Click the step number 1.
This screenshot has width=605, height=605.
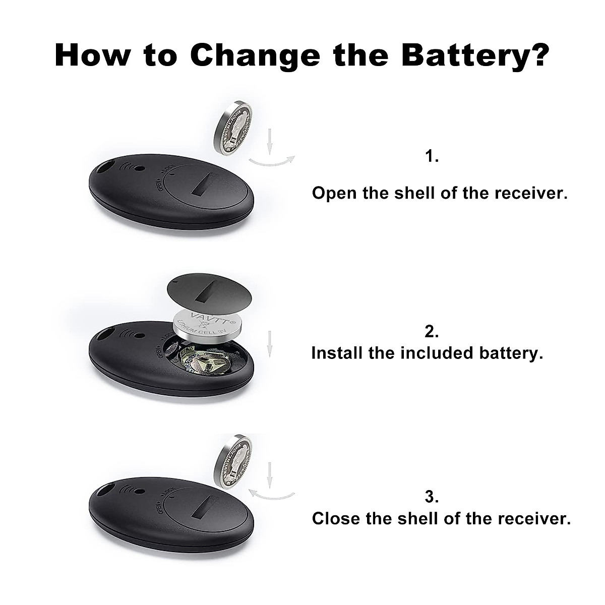(x=432, y=157)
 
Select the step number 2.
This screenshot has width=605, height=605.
(x=432, y=331)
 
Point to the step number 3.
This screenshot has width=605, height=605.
(x=432, y=497)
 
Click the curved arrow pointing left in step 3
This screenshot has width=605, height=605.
(x=273, y=494)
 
